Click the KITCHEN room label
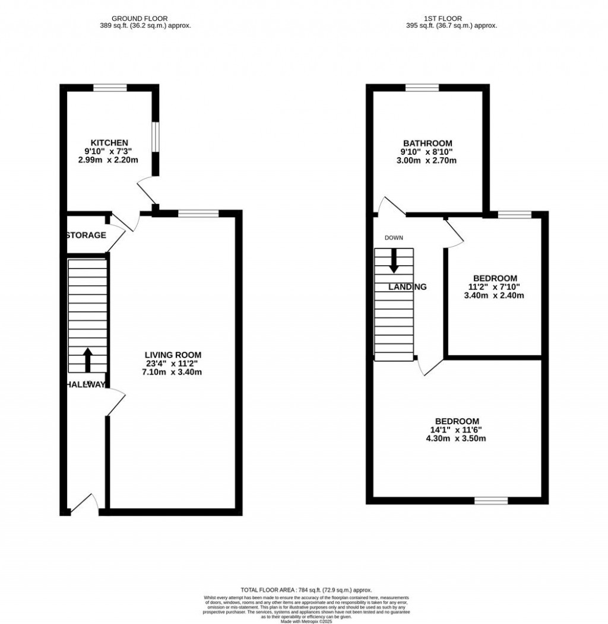pyautogui.click(x=109, y=143)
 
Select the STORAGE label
pyautogui.click(x=86, y=235)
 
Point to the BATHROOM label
pyautogui.click(x=427, y=144)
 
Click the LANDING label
pyautogui.click(x=407, y=287)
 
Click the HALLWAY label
pyautogui.click(x=85, y=384)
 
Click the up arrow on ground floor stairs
pyautogui.click(x=87, y=359)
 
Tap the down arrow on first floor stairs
pyautogui.click(x=393, y=260)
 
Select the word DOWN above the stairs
pyautogui.click(x=393, y=238)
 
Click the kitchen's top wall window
pyautogui.click(x=110, y=88)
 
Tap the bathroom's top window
pyautogui.click(x=422, y=88)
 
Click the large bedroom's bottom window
pyautogui.click(x=491, y=501)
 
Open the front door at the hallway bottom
pyautogui.click(x=84, y=503)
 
